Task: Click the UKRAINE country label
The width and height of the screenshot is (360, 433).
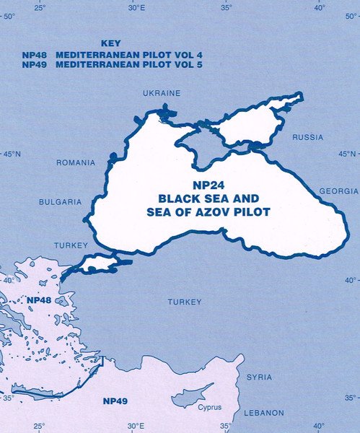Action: tap(162, 94)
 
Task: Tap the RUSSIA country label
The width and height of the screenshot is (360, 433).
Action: tap(307, 137)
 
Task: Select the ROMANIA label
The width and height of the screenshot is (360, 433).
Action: tap(76, 163)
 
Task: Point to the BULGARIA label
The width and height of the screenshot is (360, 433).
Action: tap(61, 202)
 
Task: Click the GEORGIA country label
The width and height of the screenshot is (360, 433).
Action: tap(338, 191)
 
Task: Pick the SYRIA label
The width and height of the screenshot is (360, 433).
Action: tap(259, 377)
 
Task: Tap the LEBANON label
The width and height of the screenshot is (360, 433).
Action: tap(263, 413)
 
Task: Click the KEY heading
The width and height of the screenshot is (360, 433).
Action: tap(113, 43)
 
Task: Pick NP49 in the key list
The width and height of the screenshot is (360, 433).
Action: tap(35, 65)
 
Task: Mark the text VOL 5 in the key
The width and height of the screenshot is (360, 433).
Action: tap(153, 65)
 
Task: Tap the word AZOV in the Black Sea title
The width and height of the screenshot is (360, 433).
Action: tap(205, 214)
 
